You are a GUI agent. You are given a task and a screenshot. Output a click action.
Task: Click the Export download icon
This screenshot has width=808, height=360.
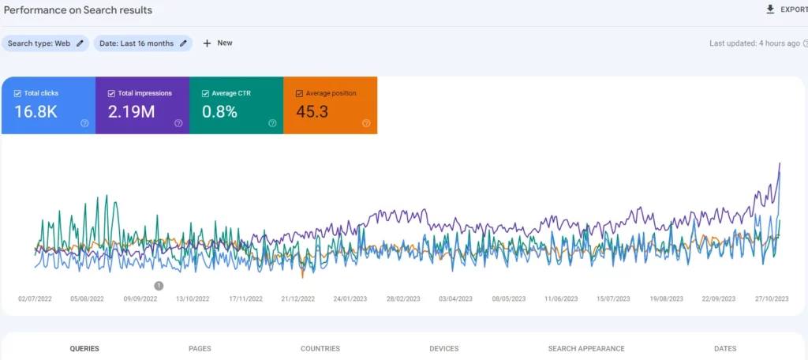pos(770,9)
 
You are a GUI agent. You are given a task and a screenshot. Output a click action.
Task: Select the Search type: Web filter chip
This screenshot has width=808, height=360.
pos(46,43)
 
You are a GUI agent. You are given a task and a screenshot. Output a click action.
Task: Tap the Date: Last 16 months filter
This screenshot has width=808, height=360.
pos(143,43)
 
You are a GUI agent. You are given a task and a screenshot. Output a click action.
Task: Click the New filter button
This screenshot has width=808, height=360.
pos(217,43)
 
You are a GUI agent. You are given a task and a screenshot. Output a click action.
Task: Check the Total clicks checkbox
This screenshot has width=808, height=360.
pos(17,93)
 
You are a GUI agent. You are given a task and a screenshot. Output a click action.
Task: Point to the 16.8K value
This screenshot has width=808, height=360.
pos(36,111)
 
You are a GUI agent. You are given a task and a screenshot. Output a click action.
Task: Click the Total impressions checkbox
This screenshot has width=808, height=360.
pos(111,93)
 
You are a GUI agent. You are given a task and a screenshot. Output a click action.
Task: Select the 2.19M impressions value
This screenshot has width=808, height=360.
pos(131,111)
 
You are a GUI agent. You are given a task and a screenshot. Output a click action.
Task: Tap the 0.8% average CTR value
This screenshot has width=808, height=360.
pos(219,111)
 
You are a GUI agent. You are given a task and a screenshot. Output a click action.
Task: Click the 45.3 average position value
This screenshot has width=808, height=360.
pos(312,111)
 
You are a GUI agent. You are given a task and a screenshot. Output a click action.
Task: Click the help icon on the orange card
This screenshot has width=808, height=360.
pos(366,123)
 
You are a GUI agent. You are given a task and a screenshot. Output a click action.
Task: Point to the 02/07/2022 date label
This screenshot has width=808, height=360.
pos(35,299)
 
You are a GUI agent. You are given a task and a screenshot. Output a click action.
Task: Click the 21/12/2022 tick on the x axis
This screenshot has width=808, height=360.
pos(297,299)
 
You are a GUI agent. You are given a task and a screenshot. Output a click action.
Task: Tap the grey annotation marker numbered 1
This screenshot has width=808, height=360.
pos(159,286)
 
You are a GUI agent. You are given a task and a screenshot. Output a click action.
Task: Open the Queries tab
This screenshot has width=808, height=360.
pos(84,348)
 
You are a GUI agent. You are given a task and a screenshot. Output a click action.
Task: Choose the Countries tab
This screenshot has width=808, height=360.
pos(320,348)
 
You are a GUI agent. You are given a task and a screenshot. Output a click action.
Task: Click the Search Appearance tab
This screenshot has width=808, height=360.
pos(586,348)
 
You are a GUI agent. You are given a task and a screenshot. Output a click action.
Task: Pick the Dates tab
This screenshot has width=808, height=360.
pos(724,348)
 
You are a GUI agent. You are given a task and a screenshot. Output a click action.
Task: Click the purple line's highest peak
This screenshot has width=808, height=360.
pos(780,163)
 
